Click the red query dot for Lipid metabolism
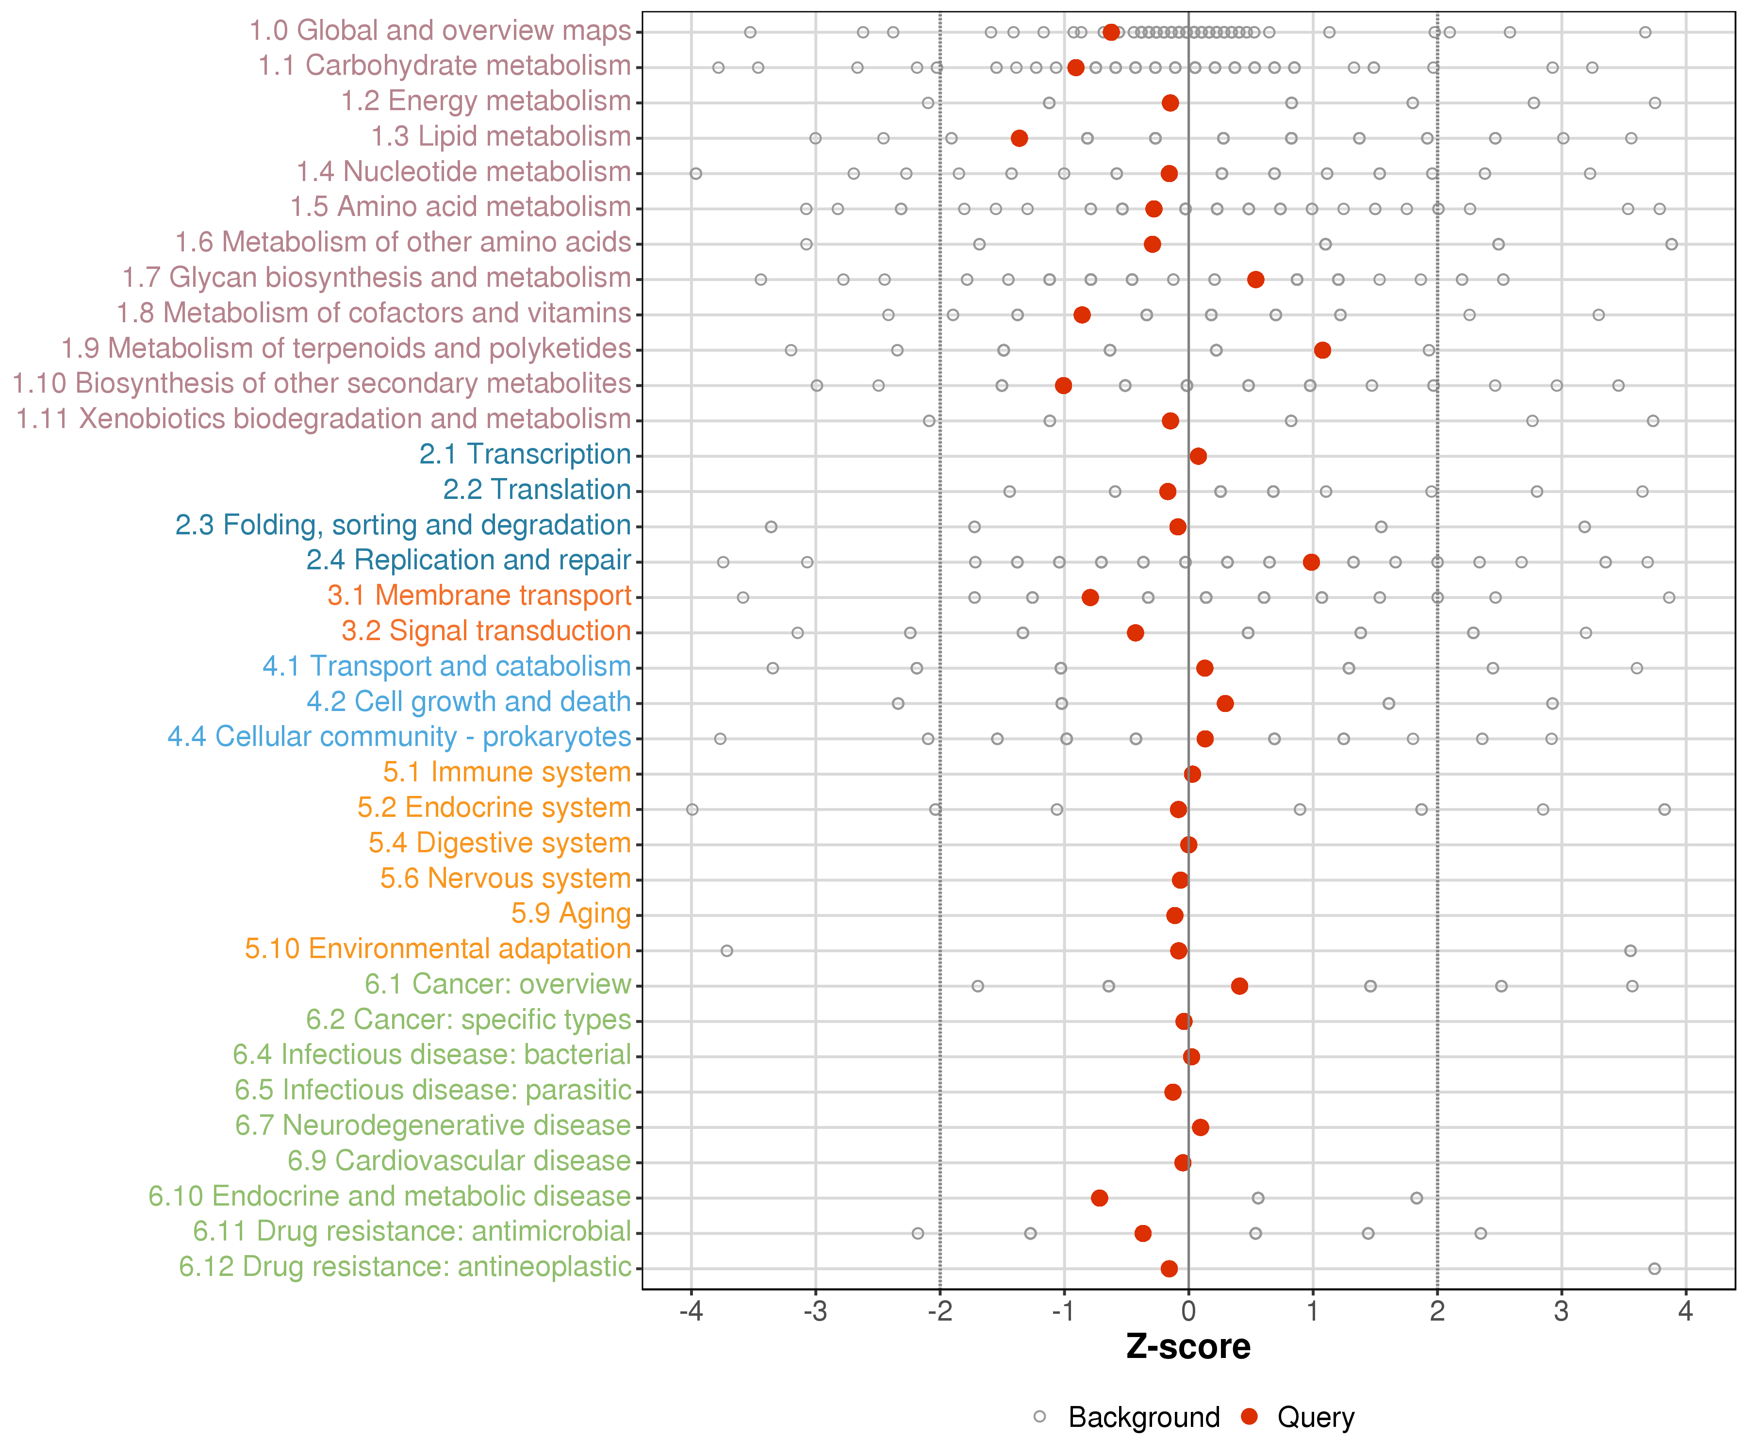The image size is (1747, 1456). coord(1019,138)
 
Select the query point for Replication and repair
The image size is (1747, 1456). coord(1311,563)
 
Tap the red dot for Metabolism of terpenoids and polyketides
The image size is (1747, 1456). coord(1322,350)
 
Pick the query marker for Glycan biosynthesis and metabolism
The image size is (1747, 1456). coord(1255,280)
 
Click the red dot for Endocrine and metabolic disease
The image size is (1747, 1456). coord(1099,1198)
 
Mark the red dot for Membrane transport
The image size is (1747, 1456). coord(1090,597)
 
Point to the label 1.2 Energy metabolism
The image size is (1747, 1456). coord(486,101)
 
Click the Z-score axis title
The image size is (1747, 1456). coord(1188,1347)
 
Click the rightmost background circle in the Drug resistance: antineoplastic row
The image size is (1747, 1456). coord(1654,1269)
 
